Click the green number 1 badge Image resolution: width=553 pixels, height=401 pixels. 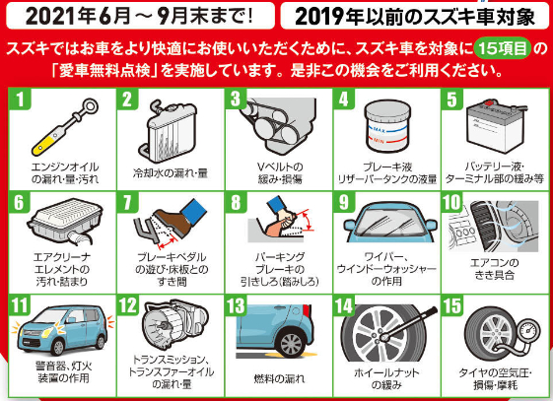20,99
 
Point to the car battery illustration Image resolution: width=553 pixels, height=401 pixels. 496,125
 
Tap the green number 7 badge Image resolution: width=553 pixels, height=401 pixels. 128,202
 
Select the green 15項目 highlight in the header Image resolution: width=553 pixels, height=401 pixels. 503,48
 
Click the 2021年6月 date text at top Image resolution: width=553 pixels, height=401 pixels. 78,16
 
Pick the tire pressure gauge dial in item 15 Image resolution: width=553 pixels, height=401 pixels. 528,331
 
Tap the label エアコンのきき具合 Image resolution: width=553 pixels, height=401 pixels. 495,269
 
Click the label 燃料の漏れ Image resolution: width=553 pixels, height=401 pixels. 279,378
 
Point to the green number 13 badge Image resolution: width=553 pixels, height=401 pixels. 236,305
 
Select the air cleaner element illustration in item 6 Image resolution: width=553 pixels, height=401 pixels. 65,221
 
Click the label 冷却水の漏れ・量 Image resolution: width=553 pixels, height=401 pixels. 171,173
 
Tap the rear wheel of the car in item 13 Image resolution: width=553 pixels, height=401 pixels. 292,343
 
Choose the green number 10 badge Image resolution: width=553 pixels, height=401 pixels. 451,202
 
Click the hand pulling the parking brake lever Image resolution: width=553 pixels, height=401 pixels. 282,223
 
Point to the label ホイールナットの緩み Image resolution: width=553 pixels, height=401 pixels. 386,378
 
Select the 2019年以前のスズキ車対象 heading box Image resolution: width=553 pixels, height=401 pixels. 414,16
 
